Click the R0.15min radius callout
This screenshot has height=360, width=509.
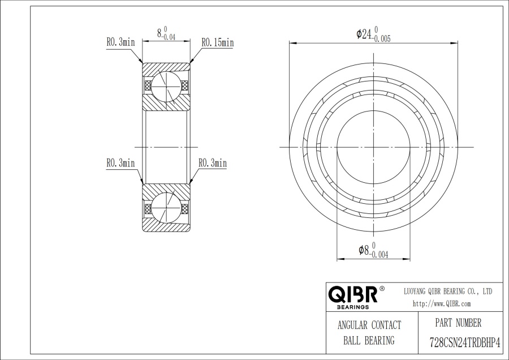(218, 42)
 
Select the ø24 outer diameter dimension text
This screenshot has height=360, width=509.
(373, 35)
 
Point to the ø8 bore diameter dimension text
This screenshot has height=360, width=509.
(373, 250)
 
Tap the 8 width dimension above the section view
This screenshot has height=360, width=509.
(166, 33)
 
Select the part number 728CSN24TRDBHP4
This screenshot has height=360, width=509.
(465, 342)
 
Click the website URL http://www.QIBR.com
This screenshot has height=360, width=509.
(442, 304)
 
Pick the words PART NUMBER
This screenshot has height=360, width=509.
(458, 323)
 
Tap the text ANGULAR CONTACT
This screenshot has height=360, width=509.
(369, 325)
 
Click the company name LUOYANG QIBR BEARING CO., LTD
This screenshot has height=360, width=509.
(448, 291)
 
